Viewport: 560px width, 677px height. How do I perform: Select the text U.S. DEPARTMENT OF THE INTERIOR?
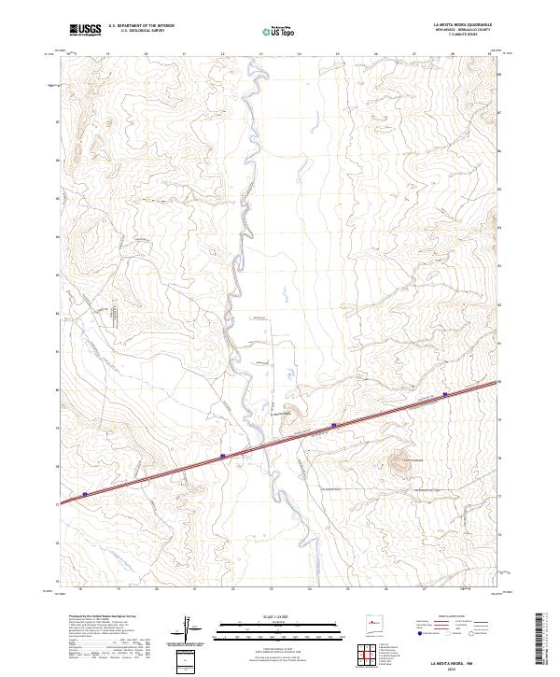(141, 26)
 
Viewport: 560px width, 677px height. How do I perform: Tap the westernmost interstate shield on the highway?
(85, 494)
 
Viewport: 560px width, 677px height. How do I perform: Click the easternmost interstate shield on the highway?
(445, 394)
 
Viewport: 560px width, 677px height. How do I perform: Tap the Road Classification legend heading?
(443, 617)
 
